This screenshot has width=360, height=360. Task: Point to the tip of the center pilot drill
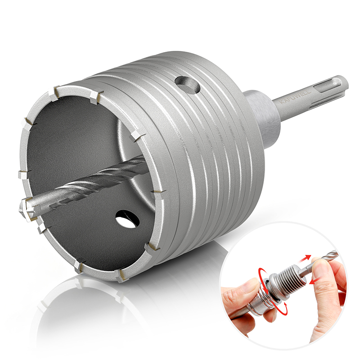tap(23, 207)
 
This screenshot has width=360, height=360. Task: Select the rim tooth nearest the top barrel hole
tap(96, 94)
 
